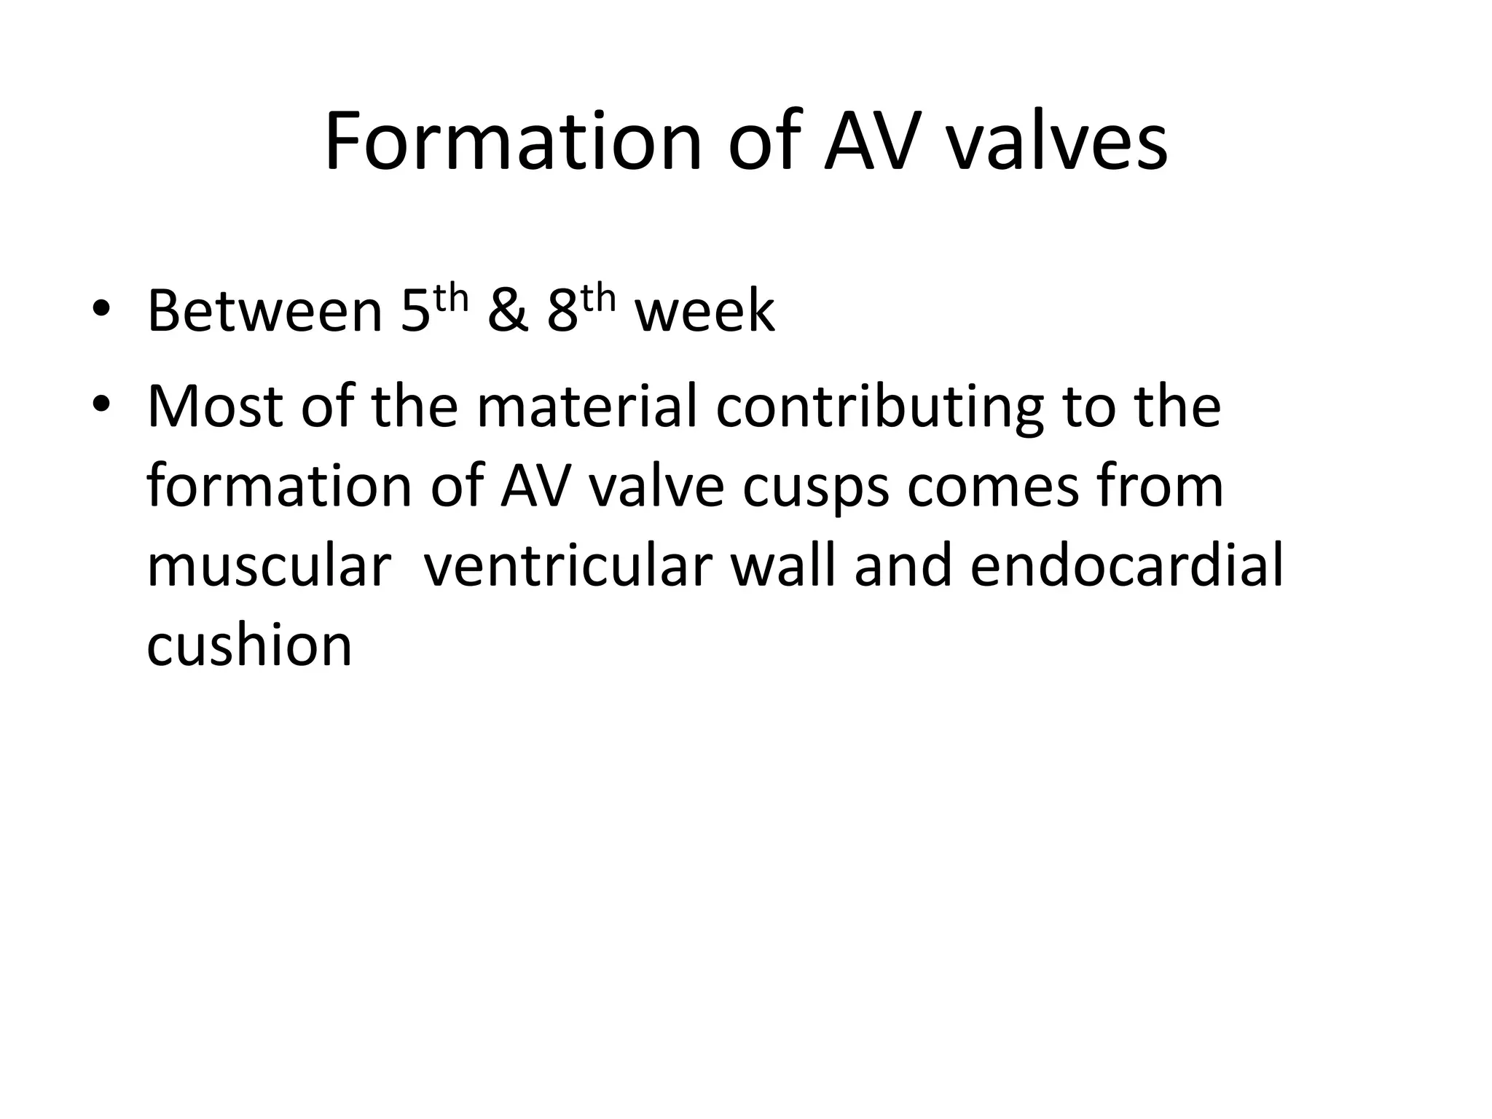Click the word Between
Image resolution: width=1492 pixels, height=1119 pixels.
(265, 312)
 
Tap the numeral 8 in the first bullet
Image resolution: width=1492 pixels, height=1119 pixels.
(562, 312)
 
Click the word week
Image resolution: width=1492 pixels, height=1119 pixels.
(704, 312)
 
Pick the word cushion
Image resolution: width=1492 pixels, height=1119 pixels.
(249, 645)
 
